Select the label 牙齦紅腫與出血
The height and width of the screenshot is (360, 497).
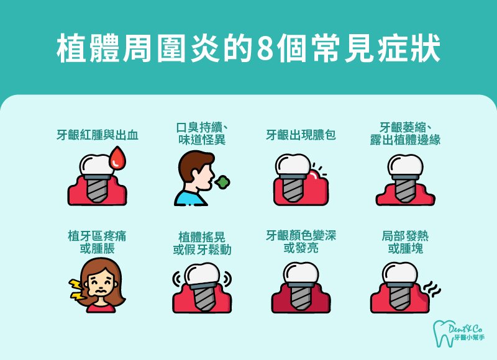(x=98, y=135)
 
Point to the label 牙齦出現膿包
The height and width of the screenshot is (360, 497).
(x=301, y=135)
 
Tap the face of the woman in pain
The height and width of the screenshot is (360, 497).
(x=101, y=286)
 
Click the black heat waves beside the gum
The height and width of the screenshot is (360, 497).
(x=431, y=289)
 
